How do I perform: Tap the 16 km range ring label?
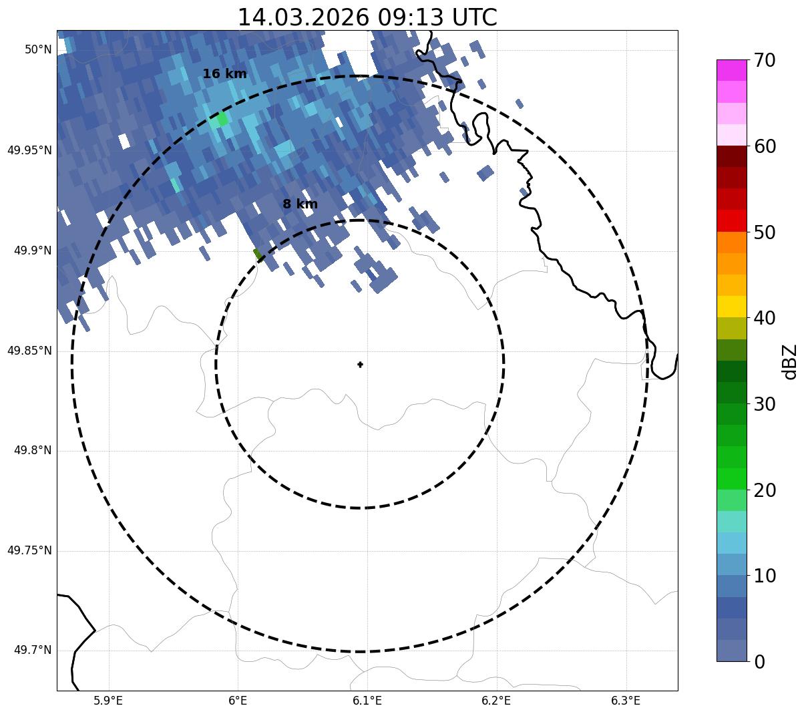(x=224, y=74)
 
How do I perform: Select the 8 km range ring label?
(x=300, y=204)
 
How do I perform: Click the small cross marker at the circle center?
(x=360, y=365)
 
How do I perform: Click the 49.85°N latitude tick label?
(x=29, y=351)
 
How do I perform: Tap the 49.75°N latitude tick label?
(x=29, y=551)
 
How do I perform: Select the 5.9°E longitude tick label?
(x=108, y=701)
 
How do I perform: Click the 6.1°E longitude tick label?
(x=367, y=701)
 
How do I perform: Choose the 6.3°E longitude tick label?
(x=626, y=701)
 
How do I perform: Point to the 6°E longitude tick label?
(x=238, y=701)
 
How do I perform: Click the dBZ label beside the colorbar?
(x=791, y=361)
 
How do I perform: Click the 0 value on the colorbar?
(x=759, y=662)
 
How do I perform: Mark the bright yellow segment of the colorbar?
(x=731, y=307)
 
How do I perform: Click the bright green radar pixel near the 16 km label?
(x=222, y=120)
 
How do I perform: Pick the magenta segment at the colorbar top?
(x=731, y=70)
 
